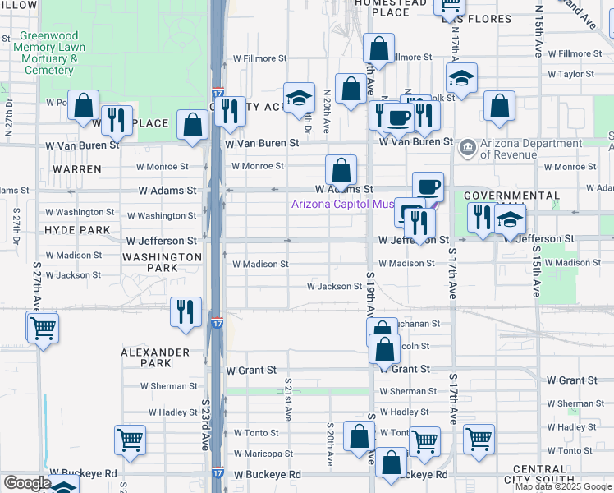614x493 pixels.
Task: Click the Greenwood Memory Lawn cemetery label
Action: click(x=49, y=53)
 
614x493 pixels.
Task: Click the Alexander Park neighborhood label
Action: click(x=155, y=357)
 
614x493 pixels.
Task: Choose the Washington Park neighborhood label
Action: click(x=162, y=262)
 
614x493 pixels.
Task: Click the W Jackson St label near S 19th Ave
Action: click(x=334, y=287)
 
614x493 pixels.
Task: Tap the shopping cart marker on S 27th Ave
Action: click(x=42, y=328)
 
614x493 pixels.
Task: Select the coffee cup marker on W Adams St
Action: click(x=428, y=187)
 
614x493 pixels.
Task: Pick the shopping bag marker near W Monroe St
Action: click(x=341, y=170)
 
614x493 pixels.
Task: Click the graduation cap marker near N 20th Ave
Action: click(x=300, y=98)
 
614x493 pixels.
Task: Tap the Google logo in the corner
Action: click(x=26, y=484)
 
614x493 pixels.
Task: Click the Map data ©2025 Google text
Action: click(x=564, y=486)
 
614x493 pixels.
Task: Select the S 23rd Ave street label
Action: click(x=205, y=427)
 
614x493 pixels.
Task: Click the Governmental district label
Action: click(x=512, y=196)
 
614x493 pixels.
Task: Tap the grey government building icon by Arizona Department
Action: click(x=468, y=148)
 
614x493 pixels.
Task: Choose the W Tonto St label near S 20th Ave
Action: click(x=250, y=432)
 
